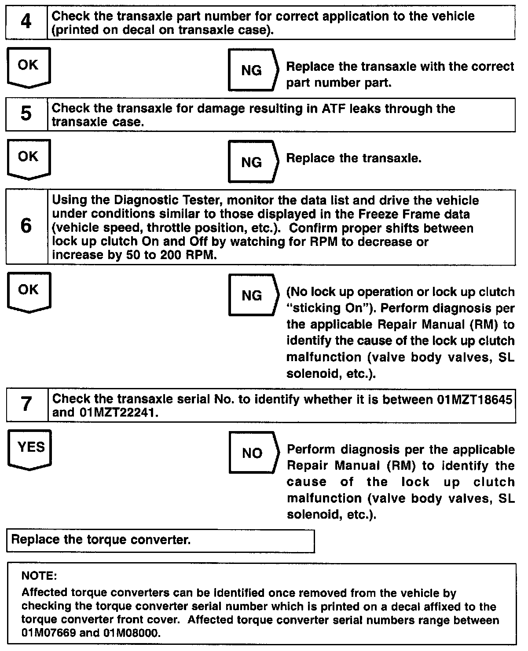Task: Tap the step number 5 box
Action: (26, 114)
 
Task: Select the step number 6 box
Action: (26, 227)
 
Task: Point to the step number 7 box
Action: (26, 404)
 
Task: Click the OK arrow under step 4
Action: (29, 67)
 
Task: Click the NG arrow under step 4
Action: (253, 70)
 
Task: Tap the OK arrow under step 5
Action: (29, 158)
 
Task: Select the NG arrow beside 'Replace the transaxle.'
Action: (253, 162)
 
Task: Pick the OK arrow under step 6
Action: (29, 292)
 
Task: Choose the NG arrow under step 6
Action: (253, 295)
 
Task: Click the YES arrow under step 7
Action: (30, 449)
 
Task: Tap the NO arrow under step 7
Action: (253, 453)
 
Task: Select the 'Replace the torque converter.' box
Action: (161, 541)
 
